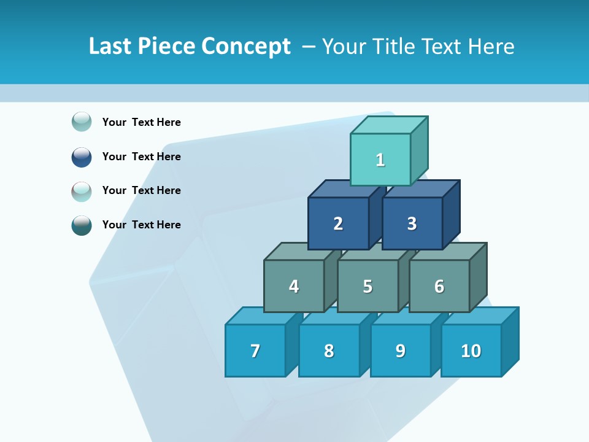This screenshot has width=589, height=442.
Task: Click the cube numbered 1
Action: point(380,160)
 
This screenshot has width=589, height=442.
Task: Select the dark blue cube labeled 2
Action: point(338,223)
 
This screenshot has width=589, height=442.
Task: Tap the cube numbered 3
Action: point(412,223)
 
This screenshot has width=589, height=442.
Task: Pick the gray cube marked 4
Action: point(294,286)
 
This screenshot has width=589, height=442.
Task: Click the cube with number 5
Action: point(368,286)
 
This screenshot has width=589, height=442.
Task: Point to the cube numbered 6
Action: point(439,286)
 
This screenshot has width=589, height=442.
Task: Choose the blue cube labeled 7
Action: point(255,351)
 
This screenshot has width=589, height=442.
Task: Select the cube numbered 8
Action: point(329,351)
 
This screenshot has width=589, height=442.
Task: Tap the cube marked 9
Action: point(400,351)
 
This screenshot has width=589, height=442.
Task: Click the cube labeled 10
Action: point(471,351)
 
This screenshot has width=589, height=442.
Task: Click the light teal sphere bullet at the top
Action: point(82,122)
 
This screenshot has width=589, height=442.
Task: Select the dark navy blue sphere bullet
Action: point(82,157)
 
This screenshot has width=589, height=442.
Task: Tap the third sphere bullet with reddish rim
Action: point(82,191)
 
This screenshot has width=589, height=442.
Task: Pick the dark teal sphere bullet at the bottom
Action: point(82,225)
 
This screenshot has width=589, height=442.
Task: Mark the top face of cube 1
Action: point(389,125)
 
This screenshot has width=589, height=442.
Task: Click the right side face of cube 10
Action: point(510,341)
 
